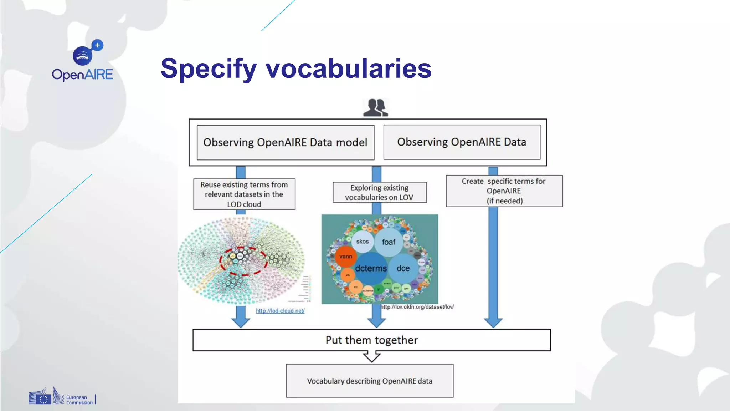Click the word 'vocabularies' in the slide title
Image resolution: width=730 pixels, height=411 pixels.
(x=348, y=68)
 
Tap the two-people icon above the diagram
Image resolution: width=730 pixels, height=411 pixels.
(x=375, y=108)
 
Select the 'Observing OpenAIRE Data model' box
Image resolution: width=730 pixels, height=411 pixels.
(x=285, y=142)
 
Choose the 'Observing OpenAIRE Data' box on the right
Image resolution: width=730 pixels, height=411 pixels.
(x=462, y=142)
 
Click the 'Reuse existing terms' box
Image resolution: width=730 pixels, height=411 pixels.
(x=244, y=194)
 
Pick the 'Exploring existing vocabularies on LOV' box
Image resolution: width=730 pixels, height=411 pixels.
(x=379, y=192)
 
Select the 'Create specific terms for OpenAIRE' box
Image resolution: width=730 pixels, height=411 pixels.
(x=504, y=191)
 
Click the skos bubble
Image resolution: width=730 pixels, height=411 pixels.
(x=362, y=242)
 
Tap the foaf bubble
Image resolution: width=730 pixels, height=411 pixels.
(x=389, y=242)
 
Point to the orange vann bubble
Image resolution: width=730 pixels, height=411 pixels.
(x=345, y=257)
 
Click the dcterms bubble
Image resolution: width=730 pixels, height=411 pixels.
(x=371, y=268)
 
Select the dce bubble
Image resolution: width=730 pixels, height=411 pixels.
(x=403, y=268)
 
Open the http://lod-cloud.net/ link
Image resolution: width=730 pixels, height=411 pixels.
(x=280, y=311)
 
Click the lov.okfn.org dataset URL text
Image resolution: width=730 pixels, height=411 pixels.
(x=417, y=307)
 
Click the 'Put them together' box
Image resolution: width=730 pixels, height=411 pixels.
(x=371, y=340)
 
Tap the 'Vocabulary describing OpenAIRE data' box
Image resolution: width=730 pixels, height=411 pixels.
(x=370, y=381)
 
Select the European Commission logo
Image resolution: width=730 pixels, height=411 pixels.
(x=62, y=397)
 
